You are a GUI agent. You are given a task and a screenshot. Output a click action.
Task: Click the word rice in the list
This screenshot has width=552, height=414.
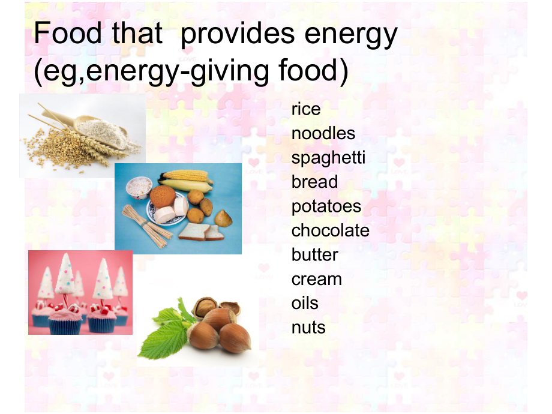click(306, 109)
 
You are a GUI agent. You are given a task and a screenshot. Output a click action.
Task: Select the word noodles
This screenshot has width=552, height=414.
click(323, 133)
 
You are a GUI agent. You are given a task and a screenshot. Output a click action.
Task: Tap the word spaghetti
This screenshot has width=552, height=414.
click(328, 158)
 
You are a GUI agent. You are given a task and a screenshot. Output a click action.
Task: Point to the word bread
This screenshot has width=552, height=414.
click(314, 182)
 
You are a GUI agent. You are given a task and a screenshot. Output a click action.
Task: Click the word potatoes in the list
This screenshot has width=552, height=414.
click(326, 206)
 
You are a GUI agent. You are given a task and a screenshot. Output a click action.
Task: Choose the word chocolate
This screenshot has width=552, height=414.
click(330, 230)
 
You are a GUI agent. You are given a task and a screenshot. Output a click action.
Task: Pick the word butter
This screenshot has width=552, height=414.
click(314, 254)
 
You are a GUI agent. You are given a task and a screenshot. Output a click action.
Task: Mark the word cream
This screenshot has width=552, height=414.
click(316, 279)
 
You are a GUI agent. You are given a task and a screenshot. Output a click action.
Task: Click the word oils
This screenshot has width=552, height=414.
click(305, 303)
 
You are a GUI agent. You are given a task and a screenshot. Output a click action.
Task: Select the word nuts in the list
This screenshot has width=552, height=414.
click(308, 328)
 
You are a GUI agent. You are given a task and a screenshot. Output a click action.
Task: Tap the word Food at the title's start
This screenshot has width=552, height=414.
click(68, 34)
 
